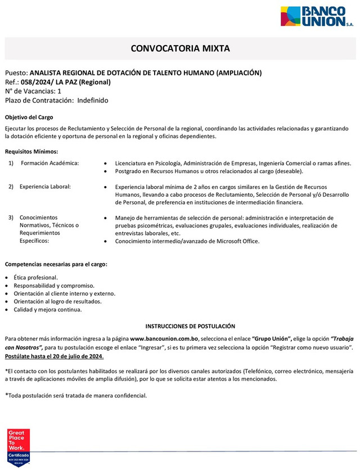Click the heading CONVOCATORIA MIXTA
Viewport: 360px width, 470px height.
point(180,48)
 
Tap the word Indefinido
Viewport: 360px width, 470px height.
point(93,100)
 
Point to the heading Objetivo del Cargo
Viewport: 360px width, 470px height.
point(29,117)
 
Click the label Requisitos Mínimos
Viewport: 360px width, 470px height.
point(31,151)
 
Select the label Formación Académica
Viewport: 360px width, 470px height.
point(49,163)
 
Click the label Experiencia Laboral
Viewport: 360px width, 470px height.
point(45,187)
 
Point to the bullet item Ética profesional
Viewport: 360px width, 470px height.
point(37,278)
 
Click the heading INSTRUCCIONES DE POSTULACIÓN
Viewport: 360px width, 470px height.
point(190,326)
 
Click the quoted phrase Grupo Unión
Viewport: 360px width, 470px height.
point(271,338)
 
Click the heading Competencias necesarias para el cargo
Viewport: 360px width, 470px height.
point(56,264)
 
